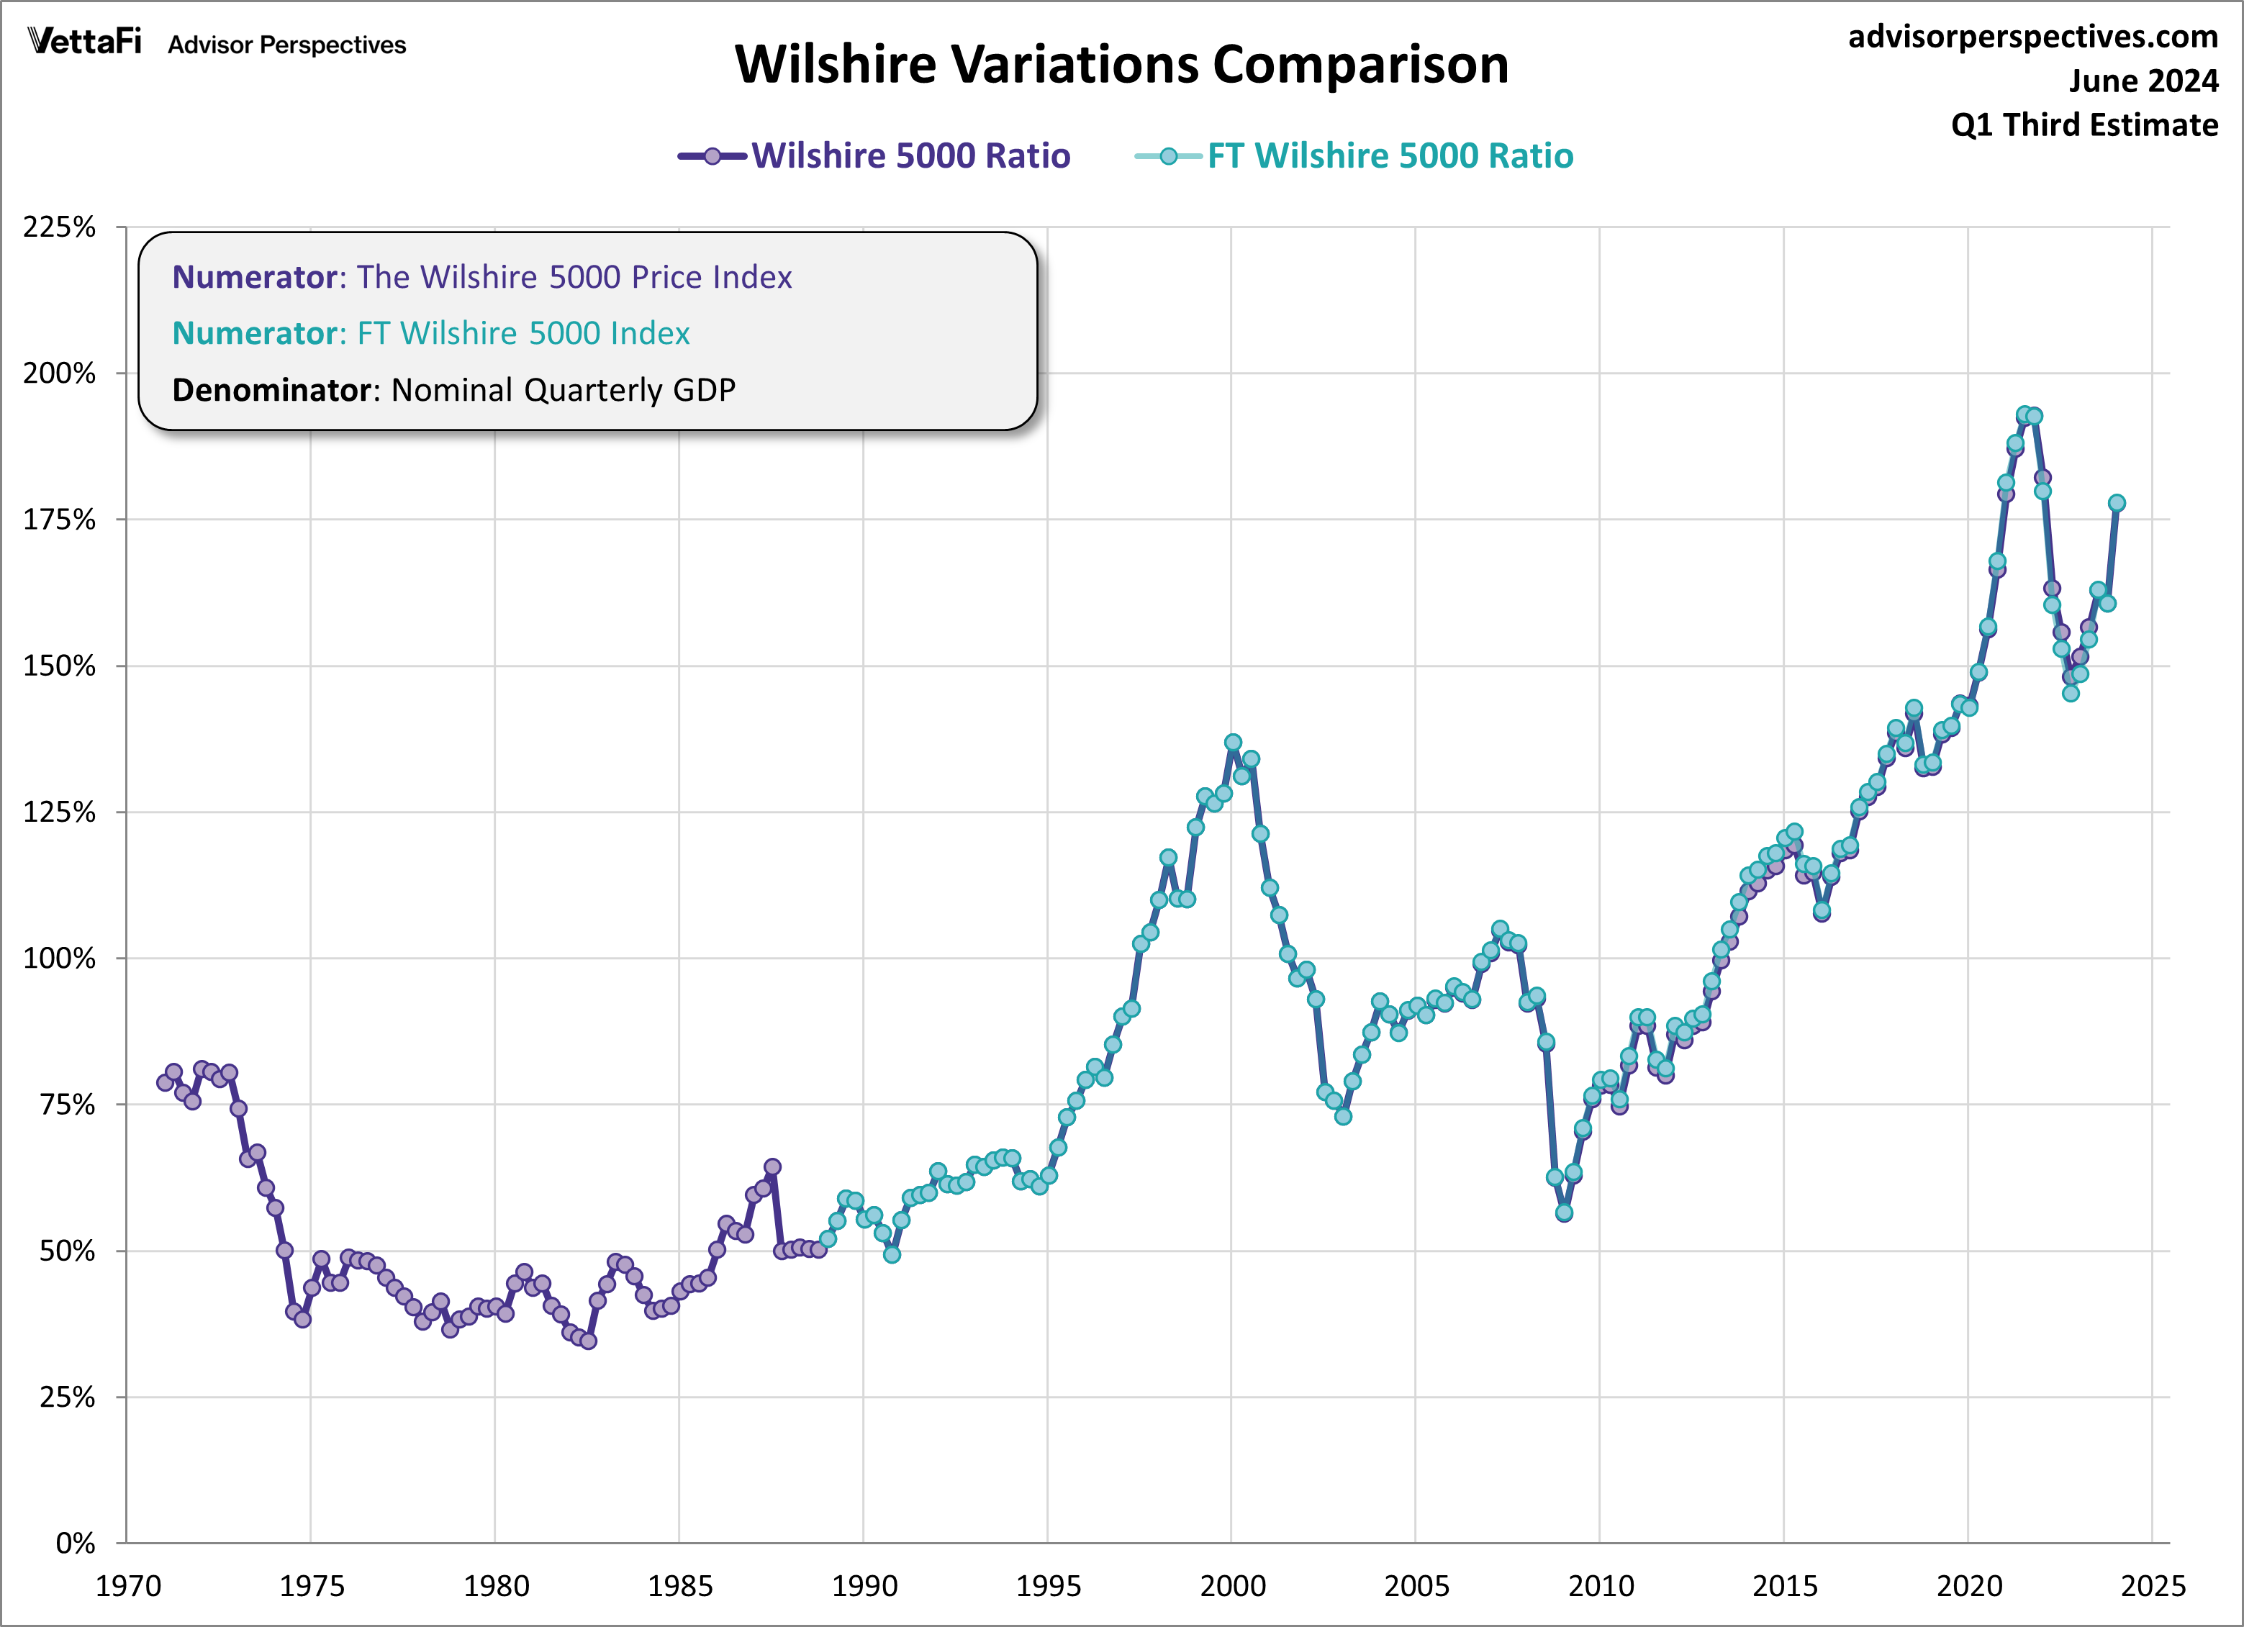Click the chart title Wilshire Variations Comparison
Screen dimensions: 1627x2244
(1121, 65)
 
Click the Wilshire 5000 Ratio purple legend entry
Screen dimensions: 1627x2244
(910, 156)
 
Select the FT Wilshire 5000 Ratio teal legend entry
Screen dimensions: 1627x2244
(1389, 156)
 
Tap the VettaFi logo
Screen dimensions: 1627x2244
(85, 42)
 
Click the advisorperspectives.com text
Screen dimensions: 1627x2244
(2032, 37)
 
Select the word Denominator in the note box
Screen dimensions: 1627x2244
(271, 391)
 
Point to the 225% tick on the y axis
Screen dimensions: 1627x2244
(59, 227)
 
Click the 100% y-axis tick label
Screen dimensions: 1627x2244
(59, 958)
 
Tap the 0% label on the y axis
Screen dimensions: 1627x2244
(75, 1543)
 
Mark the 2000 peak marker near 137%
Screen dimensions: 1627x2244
(1233, 742)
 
